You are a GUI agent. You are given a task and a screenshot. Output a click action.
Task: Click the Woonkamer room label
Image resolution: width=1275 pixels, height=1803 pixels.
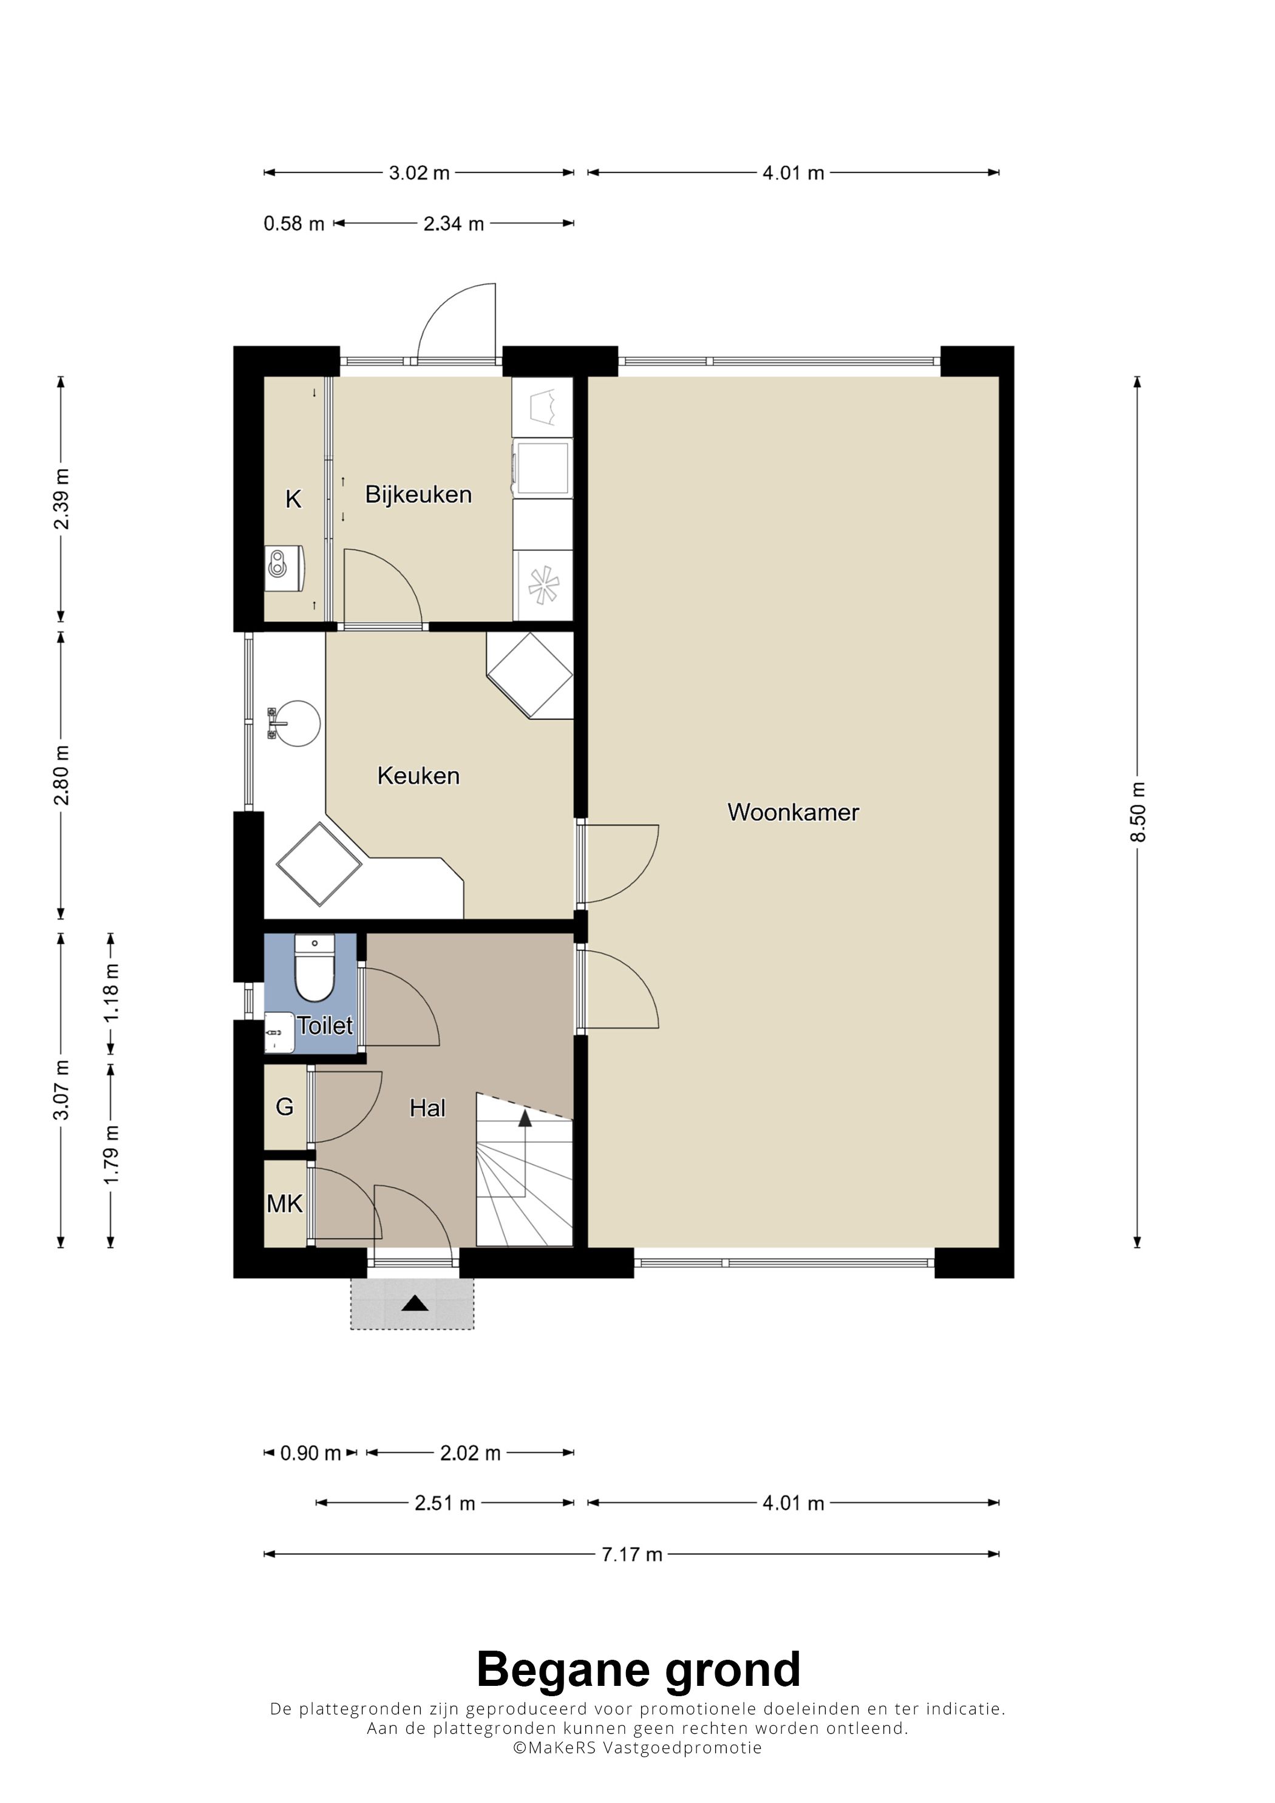click(793, 812)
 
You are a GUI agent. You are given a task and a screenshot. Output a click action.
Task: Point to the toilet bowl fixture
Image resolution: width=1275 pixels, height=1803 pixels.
click(314, 967)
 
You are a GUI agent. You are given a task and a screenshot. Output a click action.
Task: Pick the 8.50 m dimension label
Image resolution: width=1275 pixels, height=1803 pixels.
click(1138, 812)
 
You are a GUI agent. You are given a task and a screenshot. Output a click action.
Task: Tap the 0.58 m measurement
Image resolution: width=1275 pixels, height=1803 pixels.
click(294, 224)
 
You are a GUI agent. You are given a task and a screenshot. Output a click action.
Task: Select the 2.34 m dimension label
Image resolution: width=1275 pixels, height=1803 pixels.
click(454, 224)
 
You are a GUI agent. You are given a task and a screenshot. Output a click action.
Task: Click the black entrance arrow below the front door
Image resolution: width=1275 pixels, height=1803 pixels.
click(415, 1304)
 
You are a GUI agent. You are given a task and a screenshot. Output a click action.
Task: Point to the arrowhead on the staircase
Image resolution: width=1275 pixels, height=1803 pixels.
click(525, 1118)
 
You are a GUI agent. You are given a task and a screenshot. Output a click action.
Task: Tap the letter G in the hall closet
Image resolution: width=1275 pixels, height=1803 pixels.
click(284, 1108)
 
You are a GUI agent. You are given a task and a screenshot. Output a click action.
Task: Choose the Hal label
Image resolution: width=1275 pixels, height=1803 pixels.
click(427, 1108)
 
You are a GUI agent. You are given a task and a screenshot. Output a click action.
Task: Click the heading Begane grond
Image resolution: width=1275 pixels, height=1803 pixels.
click(638, 1670)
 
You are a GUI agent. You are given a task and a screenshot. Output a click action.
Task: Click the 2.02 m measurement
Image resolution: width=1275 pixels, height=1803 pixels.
click(470, 1453)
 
